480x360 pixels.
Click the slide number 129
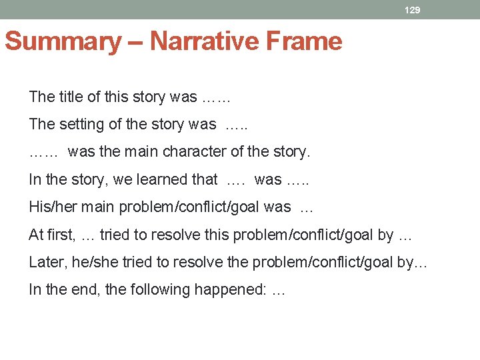(413, 10)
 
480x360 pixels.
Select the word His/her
(50, 207)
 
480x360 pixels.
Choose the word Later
(46, 262)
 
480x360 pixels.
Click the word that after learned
(205, 179)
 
